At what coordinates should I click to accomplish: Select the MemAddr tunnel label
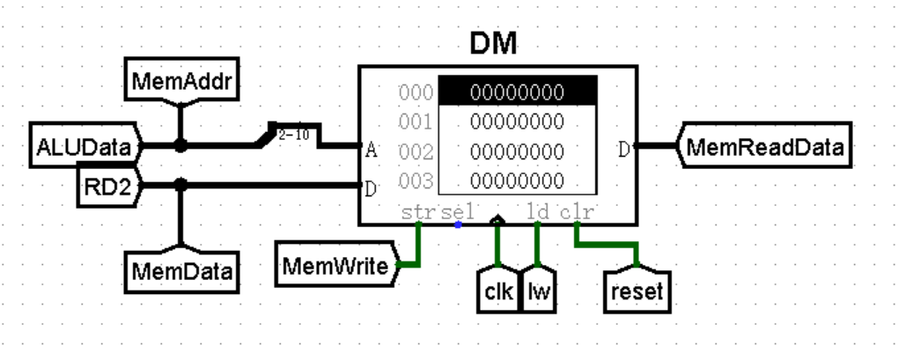click(x=180, y=81)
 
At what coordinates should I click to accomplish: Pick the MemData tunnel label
click(x=180, y=270)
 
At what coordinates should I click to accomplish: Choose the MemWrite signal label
click(x=335, y=265)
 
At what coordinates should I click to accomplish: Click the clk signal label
click(x=498, y=292)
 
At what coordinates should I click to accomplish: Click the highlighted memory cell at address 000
click(x=517, y=91)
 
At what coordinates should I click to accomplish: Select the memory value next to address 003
click(x=517, y=181)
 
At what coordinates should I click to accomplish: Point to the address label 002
click(x=416, y=151)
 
